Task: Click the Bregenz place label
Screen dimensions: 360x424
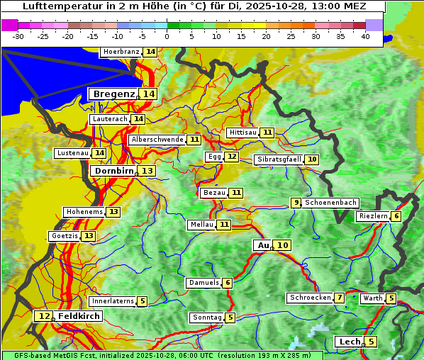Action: coord(113,94)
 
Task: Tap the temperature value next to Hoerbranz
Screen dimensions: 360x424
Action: coord(150,52)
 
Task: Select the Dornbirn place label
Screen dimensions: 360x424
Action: coord(113,171)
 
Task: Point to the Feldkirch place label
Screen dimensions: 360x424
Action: coord(79,316)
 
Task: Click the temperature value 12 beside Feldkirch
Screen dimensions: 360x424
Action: coord(44,316)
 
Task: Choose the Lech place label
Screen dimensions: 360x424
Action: coord(350,342)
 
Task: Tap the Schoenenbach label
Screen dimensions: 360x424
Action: coord(330,203)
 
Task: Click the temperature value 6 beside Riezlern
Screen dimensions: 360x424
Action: coord(396,216)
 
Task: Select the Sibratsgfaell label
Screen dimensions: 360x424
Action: coord(279,159)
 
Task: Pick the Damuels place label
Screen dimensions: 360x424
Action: coord(203,283)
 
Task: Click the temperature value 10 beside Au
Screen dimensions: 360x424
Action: coord(282,245)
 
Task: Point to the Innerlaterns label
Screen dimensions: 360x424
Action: coord(113,301)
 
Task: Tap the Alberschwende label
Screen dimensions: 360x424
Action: coord(157,140)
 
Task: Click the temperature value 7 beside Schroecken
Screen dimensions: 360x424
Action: coord(340,298)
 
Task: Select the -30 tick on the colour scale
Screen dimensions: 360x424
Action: coord(18,36)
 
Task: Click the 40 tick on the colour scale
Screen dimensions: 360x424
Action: coord(365,36)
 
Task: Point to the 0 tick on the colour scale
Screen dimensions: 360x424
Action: coord(167,36)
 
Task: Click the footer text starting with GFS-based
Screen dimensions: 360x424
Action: coord(162,355)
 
